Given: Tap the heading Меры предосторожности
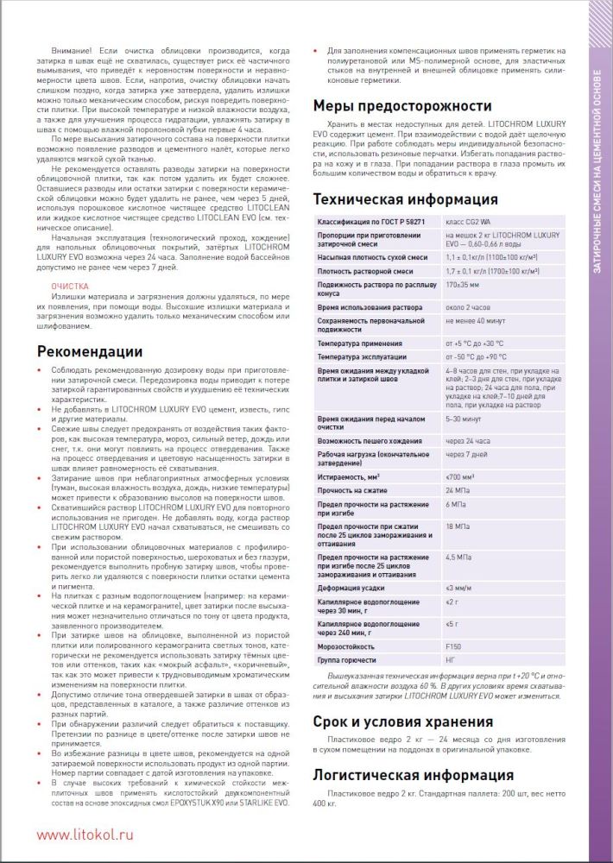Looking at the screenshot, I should click(x=401, y=106).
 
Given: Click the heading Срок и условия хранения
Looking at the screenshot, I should click(x=402, y=721).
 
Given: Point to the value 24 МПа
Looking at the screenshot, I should click(x=458, y=490).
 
